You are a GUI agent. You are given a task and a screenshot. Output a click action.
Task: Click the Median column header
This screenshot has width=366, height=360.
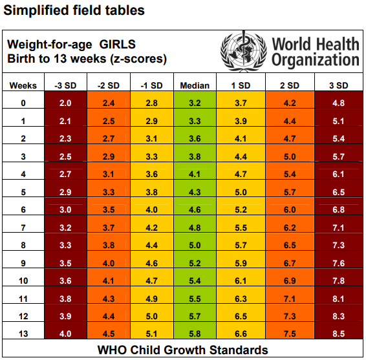coord(195,85)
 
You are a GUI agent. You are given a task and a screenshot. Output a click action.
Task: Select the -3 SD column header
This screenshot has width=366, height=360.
coord(65,85)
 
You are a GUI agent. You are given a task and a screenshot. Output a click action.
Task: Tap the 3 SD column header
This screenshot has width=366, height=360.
coord(338,85)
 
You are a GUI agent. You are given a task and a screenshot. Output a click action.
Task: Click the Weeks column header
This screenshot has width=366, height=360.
coord(23,85)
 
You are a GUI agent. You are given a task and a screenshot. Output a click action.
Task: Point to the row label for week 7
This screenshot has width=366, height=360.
coord(23,228)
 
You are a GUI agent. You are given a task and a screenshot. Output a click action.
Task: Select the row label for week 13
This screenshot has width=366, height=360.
coord(23,334)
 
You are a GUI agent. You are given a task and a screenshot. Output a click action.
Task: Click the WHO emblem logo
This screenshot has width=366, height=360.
coord(243,51)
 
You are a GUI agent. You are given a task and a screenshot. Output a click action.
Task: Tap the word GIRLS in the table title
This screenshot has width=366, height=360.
coord(118,45)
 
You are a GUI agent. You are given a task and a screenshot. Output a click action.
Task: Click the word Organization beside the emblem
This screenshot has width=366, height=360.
coord(316,60)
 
